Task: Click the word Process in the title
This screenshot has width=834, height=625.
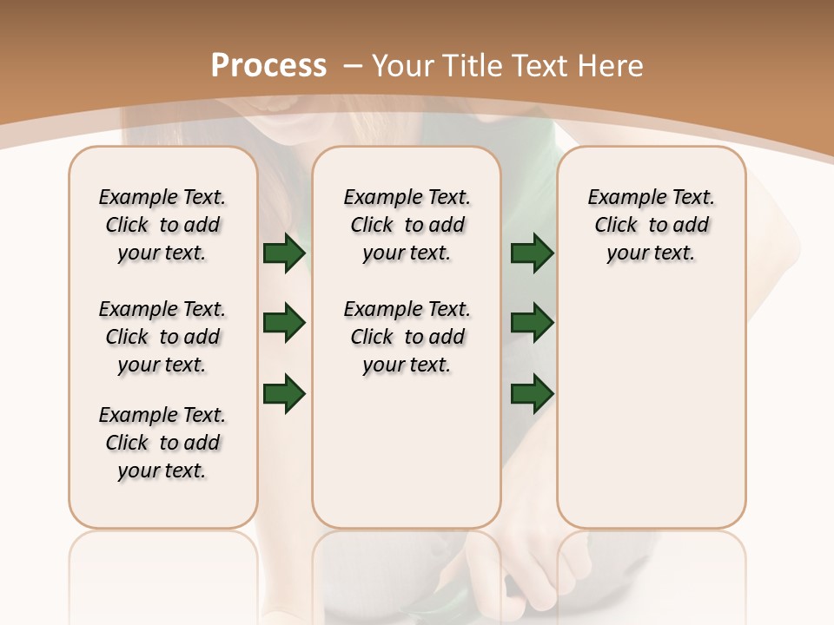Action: click(268, 66)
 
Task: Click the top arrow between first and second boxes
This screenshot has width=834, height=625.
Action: click(284, 253)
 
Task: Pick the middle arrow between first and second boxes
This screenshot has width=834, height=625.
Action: click(284, 323)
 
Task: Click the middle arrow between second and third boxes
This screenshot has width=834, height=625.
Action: click(532, 323)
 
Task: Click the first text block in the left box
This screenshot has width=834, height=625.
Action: click(162, 225)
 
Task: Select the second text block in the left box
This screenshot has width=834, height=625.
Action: click(162, 337)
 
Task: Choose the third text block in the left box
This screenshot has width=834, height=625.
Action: click(162, 443)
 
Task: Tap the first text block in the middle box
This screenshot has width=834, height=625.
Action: click(407, 225)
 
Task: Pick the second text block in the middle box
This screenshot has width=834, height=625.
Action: click(407, 337)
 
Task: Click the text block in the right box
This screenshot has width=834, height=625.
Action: click(652, 225)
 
